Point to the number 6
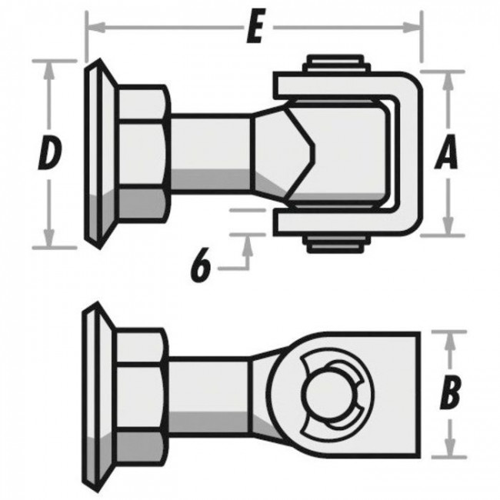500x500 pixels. tap(200, 267)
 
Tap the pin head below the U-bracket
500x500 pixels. tap(333, 244)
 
